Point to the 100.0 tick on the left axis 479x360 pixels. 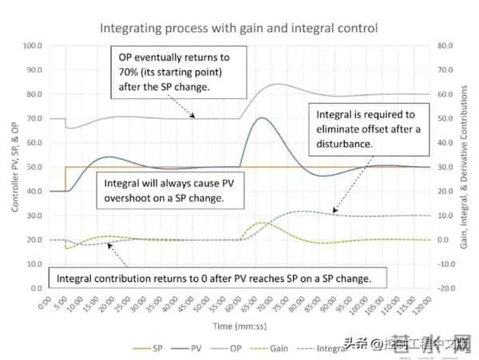pos(34,45)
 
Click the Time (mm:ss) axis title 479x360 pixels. pos(237,327)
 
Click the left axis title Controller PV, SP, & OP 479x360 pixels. pos(14,165)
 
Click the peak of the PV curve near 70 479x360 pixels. pos(261,118)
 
